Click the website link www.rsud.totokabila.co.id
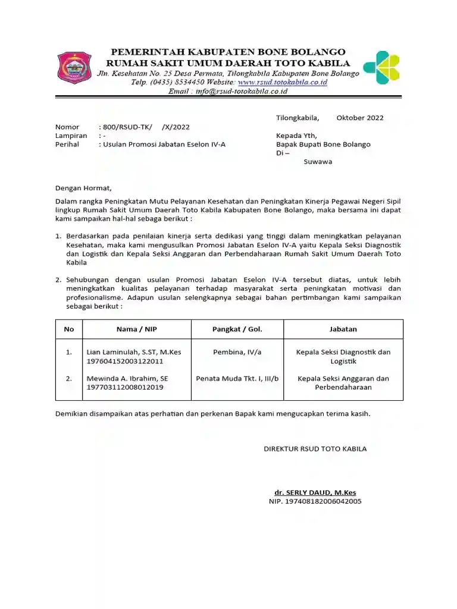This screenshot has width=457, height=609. [282, 82]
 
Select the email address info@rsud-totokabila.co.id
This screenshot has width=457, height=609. [237, 92]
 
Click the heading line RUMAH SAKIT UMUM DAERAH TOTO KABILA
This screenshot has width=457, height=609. [228, 63]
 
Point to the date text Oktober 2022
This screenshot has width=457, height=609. [359, 118]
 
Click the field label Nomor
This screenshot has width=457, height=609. [67, 127]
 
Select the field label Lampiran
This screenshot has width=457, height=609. [71, 136]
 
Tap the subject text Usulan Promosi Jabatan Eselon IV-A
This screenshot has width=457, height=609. [164, 145]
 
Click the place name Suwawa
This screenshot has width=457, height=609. [318, 161]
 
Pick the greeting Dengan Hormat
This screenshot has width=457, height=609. [83, 188]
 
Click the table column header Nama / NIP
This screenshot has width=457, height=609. [136, 329]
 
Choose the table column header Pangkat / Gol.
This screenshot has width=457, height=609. [237, 329]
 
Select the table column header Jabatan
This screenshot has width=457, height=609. [343, 329]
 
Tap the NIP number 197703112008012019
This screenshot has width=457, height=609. [125, 387]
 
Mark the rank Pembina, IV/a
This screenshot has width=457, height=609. [237, 352]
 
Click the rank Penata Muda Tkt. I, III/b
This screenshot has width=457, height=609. [237, 378]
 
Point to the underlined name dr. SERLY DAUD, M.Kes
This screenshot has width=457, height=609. [315, 492]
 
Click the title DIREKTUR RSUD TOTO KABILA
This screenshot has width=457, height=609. [315, 448]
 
